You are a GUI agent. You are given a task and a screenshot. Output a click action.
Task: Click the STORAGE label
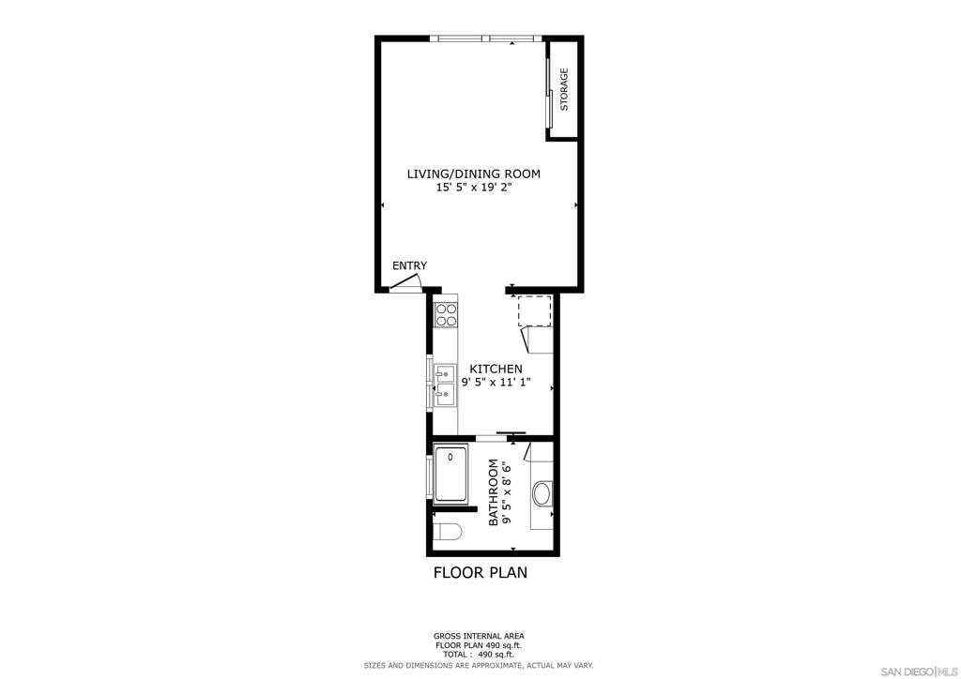click(x=564, y=89)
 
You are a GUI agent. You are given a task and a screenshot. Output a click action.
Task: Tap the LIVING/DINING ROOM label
click(x=474, y=174)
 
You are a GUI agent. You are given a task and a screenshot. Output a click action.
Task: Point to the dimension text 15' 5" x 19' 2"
click(x=474, y=188)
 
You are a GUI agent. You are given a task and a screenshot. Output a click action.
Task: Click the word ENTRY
click(x=409, y=265)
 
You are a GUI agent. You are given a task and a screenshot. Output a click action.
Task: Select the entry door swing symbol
click(x=405, y=283)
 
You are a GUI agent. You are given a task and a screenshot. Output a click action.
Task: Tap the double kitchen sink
click(x=445, y=385)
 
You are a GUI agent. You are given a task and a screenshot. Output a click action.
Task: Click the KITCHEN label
click(x=496, y=369)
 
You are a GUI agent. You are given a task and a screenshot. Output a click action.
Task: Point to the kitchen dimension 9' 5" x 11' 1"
click(x=496, y=382)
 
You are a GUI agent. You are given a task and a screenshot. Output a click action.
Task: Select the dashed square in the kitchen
click(x=535, y=310)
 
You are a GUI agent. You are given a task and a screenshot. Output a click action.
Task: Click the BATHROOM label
click(x=494, y=493)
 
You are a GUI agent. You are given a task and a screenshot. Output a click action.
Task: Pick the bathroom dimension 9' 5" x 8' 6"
click(x=507, y=493)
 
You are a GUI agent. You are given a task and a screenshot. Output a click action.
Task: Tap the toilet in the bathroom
click(x=446, y=533)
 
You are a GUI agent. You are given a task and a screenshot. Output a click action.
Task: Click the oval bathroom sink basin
click(x=542, y=494)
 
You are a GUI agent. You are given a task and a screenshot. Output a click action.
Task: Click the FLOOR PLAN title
click(x=480, y=572)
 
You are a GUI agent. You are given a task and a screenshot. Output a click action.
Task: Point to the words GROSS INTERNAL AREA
click(x=479, y=636)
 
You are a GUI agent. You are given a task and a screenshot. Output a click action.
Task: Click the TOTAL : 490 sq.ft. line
click(x=479, y=654)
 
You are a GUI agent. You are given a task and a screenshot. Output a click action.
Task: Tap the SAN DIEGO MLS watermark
click(x=919, y=670)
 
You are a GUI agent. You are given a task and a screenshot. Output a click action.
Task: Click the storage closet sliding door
click(x=549, y=92)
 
